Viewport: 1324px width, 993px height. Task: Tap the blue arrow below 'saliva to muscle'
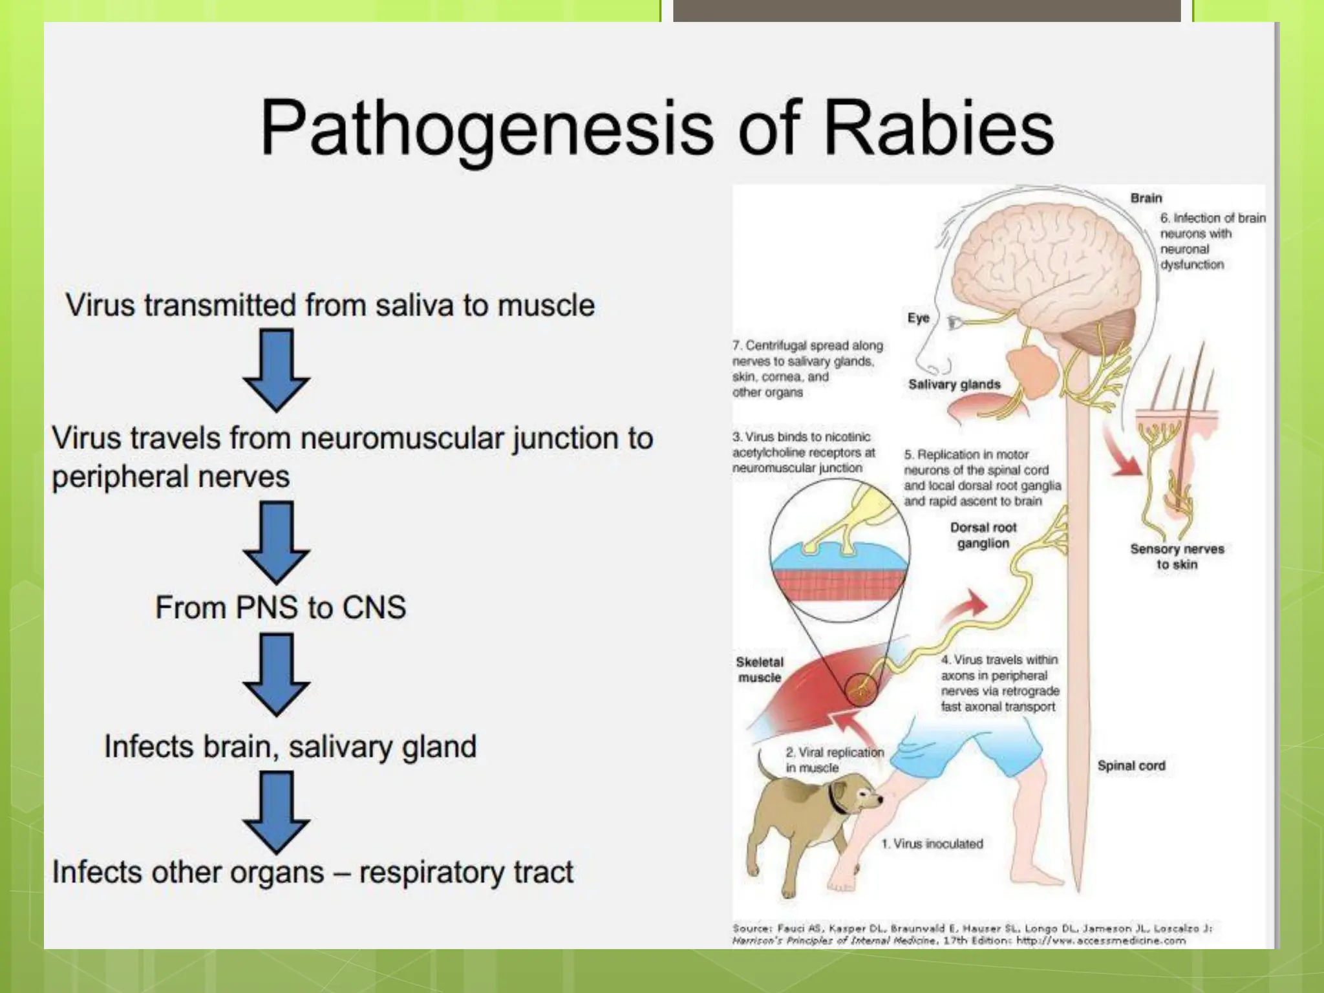[x=276, y=369]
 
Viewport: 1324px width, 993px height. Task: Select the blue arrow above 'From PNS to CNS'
[x=276, y=542]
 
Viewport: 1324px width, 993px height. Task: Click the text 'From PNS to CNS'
[x=281, y=608]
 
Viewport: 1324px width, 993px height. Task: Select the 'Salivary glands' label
[x=954, y=385]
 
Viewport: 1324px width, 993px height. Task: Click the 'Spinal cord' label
[x=1131, y=766]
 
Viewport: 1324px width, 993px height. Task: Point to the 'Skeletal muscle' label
[x=760, y=670]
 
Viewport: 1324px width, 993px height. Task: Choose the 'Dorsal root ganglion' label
[x=983, y=535]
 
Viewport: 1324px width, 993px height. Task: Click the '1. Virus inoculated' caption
[x=932, y=844]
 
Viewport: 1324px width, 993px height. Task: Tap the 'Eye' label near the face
[x=918, y=318]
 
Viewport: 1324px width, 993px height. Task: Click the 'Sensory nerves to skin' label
[x=1177, y=557]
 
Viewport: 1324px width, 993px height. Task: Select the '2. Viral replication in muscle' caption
[x=834, y=760]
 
